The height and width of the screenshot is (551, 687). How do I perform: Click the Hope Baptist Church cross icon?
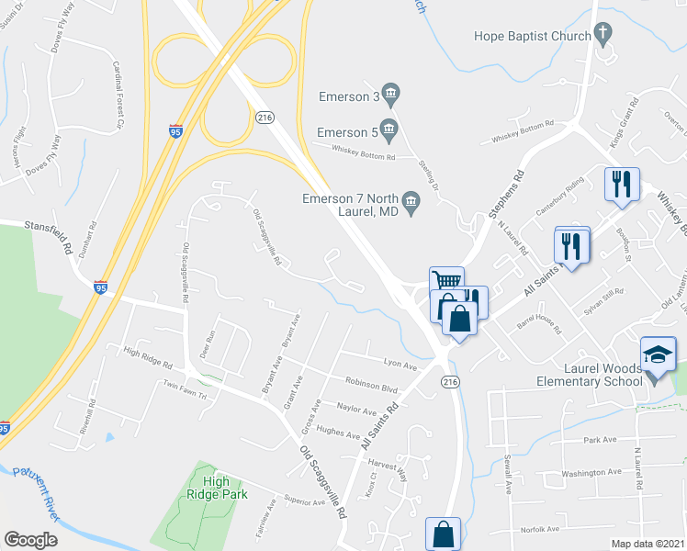tap(603, 37)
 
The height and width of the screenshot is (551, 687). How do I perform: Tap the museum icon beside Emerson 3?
tap(391, 93)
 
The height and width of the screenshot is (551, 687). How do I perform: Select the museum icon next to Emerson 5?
tap(389, 129)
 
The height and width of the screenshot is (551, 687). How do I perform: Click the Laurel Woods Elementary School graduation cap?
tap(658, 354)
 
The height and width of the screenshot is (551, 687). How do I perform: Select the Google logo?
tap(30, 540)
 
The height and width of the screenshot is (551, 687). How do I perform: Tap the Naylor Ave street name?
tap(356, 410)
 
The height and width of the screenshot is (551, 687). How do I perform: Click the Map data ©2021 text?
tap(647, 544)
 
